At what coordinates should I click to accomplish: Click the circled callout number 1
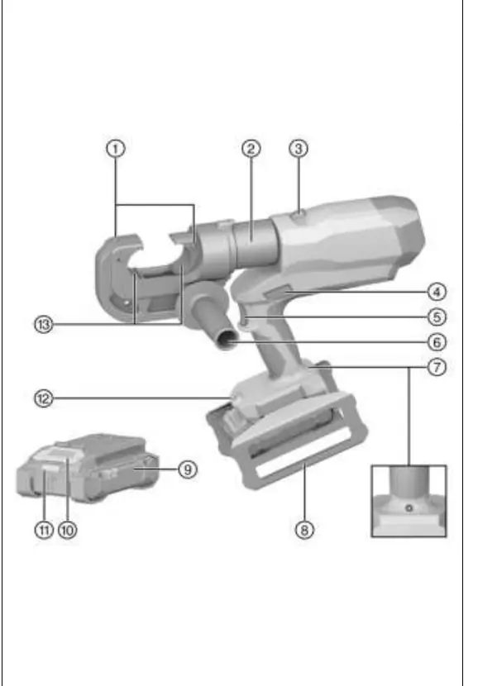[116, 149]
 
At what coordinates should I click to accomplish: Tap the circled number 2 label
[251, 149]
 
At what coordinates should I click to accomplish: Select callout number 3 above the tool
[299, 149]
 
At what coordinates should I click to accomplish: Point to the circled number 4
[437, 292]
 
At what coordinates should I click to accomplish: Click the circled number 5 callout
[437, 317]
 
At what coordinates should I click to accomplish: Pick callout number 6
[437, 342]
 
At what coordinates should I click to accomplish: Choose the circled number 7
[437, 367]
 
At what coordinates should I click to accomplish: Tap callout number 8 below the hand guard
[304, 531]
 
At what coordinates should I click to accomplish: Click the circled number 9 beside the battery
[188, 469]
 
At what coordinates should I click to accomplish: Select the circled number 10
[68, 531]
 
